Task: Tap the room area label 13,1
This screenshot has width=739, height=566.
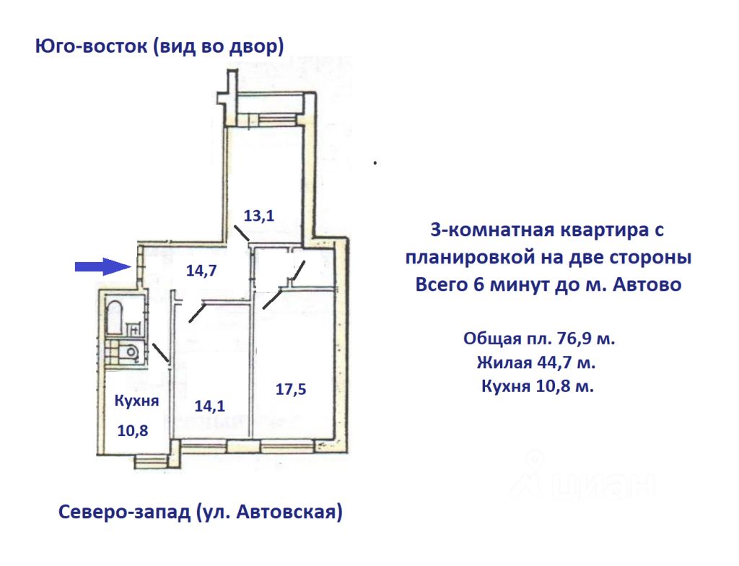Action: point(260,214)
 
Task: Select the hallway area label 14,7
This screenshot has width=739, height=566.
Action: point(202,271)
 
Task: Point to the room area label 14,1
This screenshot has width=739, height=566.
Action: point(210,406)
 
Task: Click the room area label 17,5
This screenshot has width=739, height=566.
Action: point(291,389)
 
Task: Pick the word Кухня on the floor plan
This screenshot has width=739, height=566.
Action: point(136,401)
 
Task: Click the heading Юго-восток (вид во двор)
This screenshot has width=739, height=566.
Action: point(159,47)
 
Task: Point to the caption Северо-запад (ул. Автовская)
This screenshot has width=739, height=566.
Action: point(199,513)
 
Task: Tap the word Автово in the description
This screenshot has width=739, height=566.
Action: point(645,284)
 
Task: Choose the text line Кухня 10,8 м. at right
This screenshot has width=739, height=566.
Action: point(538,386)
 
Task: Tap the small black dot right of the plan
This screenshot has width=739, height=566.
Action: point(375,163)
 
